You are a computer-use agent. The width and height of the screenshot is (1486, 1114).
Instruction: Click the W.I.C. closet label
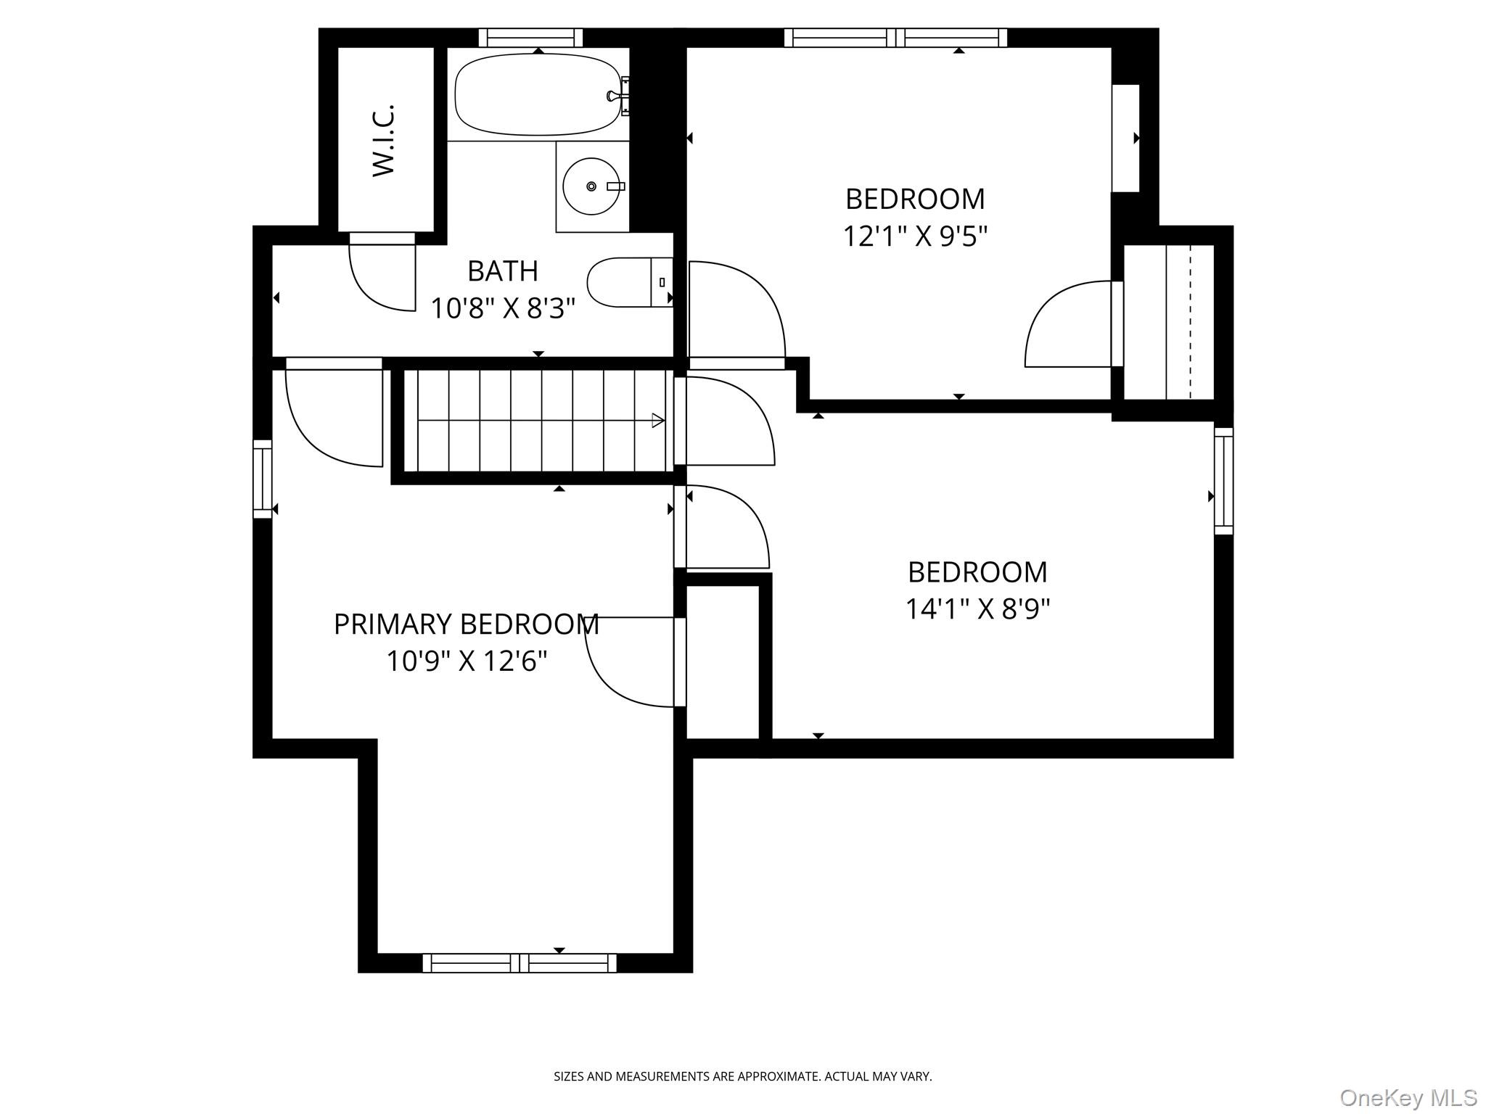tap(383, 140)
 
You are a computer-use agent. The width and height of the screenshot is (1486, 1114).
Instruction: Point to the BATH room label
tap(502, 271)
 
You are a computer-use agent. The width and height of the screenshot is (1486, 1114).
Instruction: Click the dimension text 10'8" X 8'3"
tap(502, 309)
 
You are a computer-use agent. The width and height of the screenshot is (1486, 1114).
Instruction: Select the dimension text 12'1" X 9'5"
tap(915, 236)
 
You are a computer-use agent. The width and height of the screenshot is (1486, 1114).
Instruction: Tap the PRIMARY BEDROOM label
tap(466, 624)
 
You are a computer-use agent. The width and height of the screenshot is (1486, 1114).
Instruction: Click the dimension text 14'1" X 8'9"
tap(977, 608)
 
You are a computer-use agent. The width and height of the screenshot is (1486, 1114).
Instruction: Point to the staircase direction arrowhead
tap(658, 420)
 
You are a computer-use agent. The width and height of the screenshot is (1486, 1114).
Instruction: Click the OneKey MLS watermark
tap(1408, 1097)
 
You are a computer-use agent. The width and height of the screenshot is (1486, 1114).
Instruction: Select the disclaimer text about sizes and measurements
tap(742, 1076)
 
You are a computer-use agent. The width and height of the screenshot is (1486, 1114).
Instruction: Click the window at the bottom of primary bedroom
tap(520, 963)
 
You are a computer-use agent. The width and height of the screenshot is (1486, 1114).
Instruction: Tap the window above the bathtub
tap(530, 38)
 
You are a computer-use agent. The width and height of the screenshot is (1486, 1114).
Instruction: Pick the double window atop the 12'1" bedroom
tap(895, 38)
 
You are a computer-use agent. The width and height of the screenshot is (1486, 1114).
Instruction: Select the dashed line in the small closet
tap(1190, 322)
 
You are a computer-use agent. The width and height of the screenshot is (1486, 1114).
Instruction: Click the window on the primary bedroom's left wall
tap(262, 479)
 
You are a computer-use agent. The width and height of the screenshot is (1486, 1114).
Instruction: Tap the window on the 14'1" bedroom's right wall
tap(1223, 481)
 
